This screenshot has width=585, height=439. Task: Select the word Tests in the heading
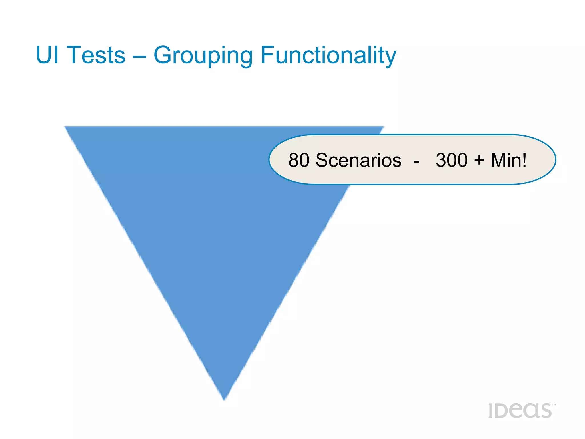[x=96, y=55]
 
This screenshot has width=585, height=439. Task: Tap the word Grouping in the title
[x=203, y=56]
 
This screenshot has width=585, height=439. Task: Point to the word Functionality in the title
[x=328, y=56]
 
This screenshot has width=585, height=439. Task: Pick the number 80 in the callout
[x=299, y=160]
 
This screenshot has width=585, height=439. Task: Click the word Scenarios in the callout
[x=358, y=160]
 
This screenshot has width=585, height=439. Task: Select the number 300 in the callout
[x=452, y=160]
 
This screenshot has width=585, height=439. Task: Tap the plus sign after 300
[x=479, y=160]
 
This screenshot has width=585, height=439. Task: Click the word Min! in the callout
[x=508, y=160]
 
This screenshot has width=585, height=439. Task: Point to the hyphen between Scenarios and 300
[x=416, y=161]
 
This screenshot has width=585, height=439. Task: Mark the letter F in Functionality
[x=267, y=55]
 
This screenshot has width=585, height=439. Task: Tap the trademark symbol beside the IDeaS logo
[x=554, y=405]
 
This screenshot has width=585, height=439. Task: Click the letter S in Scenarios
[x=322, y=160]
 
